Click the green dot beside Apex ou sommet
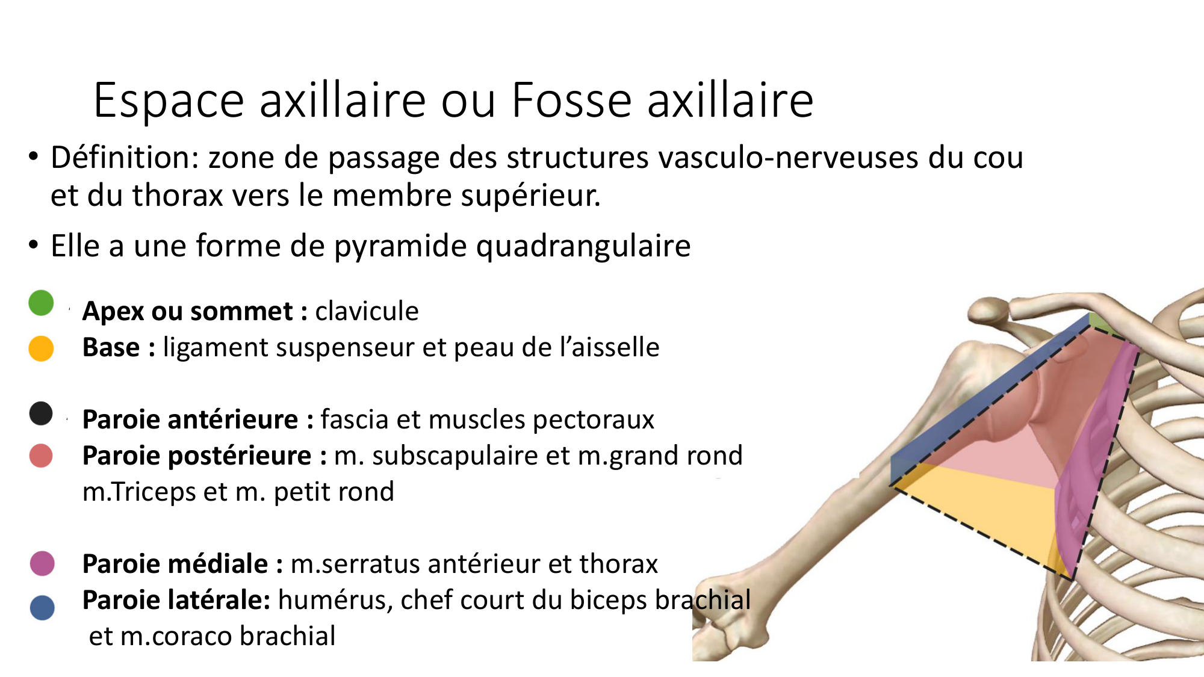[x=41, y=303]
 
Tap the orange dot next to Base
[x=41, y=348]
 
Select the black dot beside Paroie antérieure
[x=41, y=413]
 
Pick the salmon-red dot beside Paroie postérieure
[x=41, y=456]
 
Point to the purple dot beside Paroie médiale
[x=42, y=563]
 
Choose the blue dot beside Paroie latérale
[x=42, y=608]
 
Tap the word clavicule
[x=367, y=311]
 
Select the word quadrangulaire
[x=583, y=246]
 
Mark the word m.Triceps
[x=138, y=492]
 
